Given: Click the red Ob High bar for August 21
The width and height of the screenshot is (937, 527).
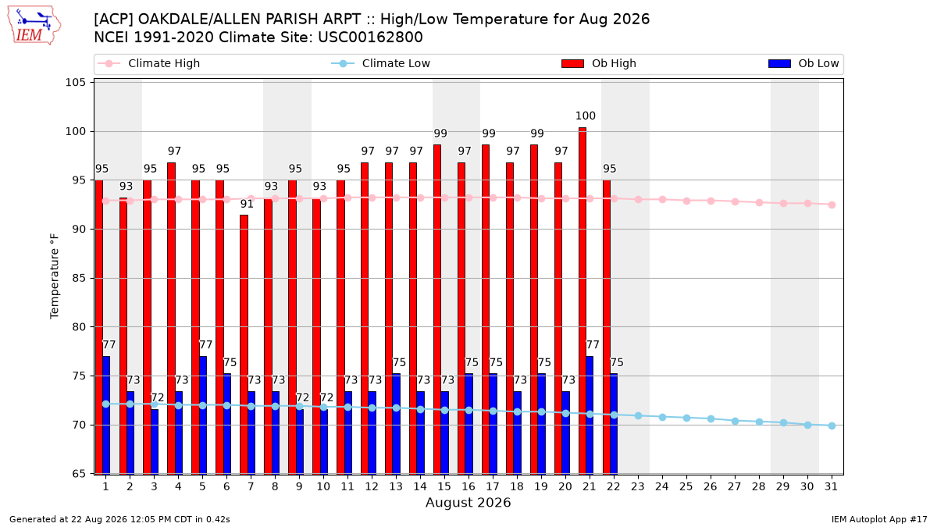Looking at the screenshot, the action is click(583, 301).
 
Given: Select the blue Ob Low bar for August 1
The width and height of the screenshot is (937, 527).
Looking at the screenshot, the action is click(106, 415).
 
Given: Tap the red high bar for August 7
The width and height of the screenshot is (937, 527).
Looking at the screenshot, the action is click(244, 344).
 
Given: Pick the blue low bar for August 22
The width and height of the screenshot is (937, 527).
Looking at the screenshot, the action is click(614, 424).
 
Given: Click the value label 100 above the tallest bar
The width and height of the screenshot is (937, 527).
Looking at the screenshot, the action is click(585, 116).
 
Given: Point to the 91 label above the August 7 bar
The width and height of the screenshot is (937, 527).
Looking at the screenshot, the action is click(247, 204).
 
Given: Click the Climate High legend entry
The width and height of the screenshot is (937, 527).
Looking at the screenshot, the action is click(149, 63).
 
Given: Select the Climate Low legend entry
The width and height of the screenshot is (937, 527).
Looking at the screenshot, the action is click(381, 63).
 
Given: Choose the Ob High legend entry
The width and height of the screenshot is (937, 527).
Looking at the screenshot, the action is click(599, 63).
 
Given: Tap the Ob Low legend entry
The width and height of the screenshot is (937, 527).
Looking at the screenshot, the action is click(803, 63).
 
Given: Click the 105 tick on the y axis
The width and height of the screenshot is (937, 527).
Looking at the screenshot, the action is click(75, 83).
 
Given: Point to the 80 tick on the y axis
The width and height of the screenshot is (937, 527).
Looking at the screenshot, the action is click(79, 327).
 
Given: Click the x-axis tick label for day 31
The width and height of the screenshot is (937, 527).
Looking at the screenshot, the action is click(831, 486).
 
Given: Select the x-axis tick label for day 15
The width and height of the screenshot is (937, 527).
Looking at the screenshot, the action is click(444, 486).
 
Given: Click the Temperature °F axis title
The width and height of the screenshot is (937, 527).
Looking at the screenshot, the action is click(55, 276).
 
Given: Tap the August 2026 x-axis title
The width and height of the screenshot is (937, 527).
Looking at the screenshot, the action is click(468, 502).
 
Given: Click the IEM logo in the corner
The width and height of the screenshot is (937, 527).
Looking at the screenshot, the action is click(34, 26).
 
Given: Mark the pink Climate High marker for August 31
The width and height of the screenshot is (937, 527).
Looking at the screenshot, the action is click(832, 205).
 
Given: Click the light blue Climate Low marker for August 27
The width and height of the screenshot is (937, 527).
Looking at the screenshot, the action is click(735, 421).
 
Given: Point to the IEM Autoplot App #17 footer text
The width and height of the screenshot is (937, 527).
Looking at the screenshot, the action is click(879, 519).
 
